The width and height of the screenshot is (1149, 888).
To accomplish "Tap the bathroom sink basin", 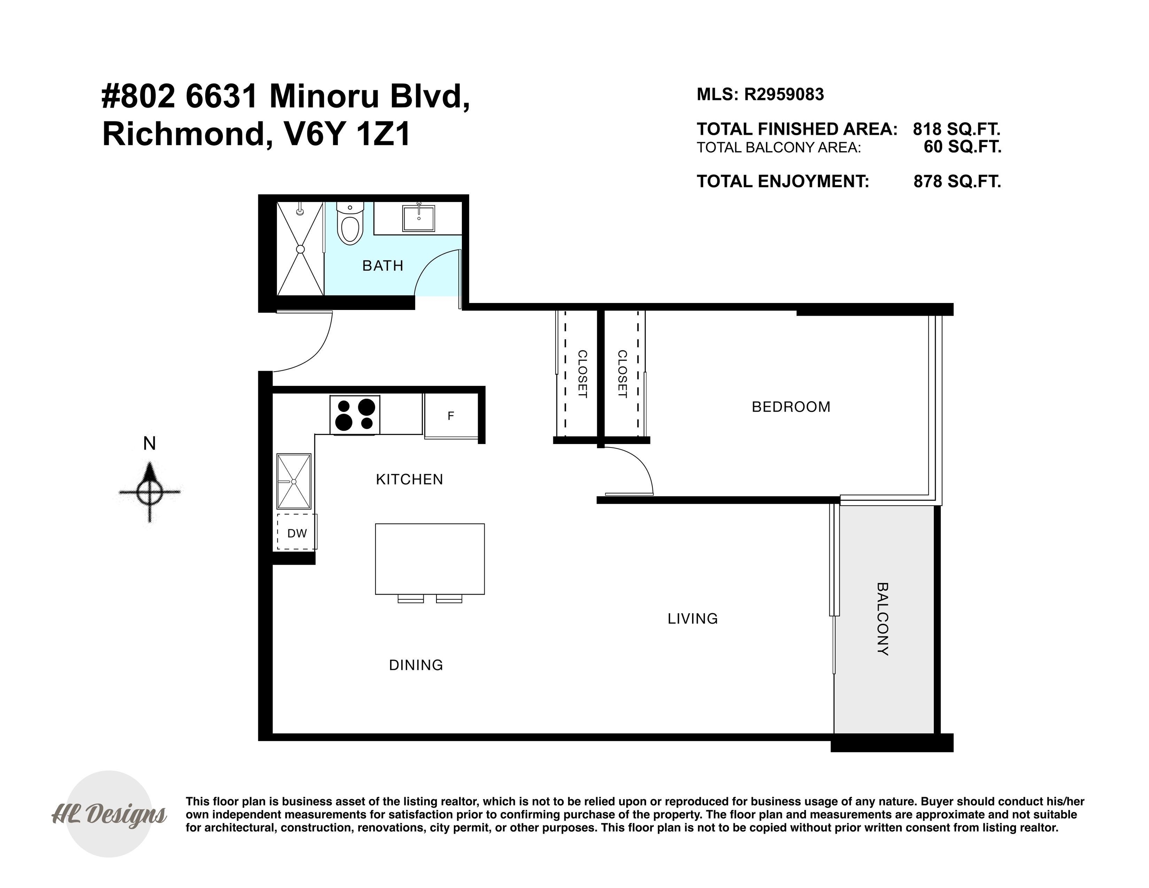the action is [x=419, y=218].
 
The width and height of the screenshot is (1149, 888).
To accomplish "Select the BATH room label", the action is [x=382, y=266].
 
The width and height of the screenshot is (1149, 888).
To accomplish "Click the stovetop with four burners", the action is [x=355, y=415].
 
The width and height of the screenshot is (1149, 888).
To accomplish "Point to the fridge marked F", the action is [x=451, y=416].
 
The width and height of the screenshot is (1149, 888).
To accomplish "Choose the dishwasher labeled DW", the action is [x=297, y=533].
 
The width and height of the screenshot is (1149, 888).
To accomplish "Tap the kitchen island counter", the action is [x=430, y=559].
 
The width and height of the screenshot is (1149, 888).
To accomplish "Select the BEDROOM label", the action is [x=791, y=407].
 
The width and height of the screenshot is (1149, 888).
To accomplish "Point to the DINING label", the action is [x=416, y=665].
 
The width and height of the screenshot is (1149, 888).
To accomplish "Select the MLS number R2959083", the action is [x=783, y=95].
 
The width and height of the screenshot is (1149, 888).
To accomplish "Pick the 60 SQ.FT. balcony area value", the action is [x=962, y=147].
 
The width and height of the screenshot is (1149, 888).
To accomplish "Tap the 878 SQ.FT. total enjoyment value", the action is [x=957, y=182].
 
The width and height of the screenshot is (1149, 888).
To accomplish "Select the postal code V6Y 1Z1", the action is [x=347, y=134].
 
